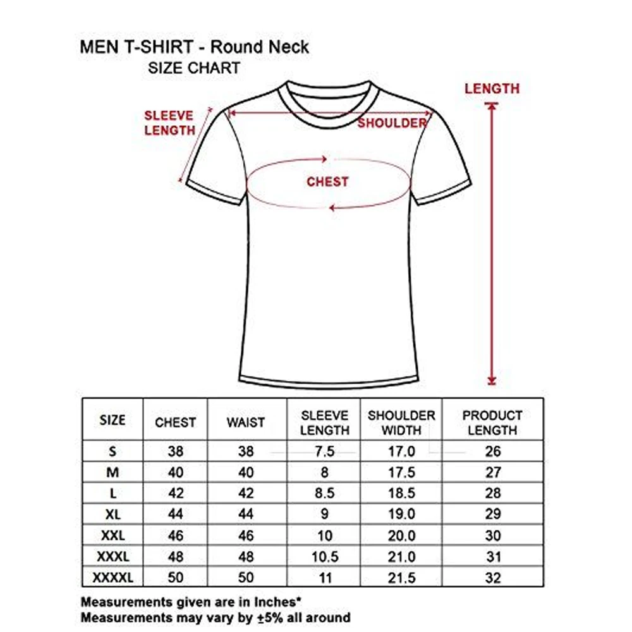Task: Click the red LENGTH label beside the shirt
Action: [x=492, y=89]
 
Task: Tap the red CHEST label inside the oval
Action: [x=327, y=182]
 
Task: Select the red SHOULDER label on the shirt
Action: [x=392, y=123]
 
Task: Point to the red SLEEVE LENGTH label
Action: [x=170, y=123]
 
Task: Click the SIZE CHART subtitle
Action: [x=194, y=68]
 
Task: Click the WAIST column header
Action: [x=246, y=422]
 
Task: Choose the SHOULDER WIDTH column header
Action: [x=401, y=423]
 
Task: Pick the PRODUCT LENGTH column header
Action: [x=492, y=423]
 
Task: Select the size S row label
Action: [x=113, y=451]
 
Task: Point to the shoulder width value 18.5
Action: [x=401, y=494]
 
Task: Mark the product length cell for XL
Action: [x=493, y=514]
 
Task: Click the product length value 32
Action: [x=493, y=578]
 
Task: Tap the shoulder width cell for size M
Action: [x=401, y=473]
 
